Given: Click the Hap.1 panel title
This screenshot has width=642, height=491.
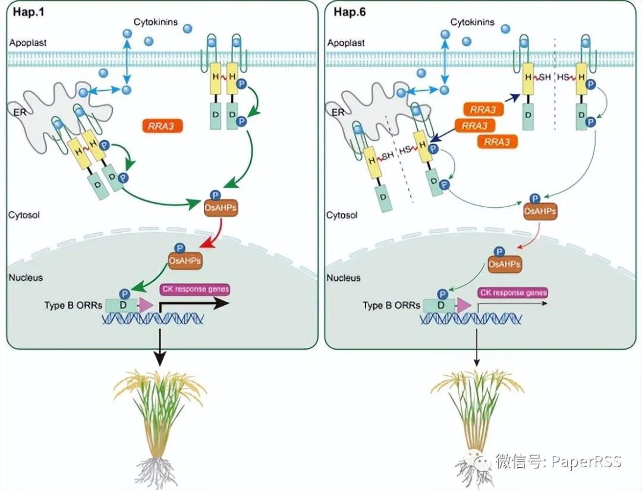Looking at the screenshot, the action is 29,11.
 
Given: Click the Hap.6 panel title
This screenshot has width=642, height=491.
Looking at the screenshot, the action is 350,11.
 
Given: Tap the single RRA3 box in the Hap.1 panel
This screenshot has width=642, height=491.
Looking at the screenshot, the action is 162,126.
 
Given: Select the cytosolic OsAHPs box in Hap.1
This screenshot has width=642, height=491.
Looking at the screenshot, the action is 221,208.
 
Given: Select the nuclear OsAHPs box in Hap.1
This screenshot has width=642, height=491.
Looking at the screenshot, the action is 185,261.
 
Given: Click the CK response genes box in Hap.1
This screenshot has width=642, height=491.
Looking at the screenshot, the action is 195,289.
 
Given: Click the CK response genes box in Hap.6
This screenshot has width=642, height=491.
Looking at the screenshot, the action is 513,293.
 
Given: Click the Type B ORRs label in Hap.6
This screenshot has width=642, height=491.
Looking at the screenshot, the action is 391,305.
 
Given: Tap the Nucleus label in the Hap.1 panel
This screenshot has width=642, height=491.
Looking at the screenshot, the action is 26,278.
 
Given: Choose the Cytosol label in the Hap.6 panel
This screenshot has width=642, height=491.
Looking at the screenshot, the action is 342,215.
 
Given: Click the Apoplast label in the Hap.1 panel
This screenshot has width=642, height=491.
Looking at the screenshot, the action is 28,43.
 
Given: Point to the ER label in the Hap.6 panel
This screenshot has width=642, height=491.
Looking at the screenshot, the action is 338,112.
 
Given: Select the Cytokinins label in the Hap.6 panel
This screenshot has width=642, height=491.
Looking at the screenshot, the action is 473,22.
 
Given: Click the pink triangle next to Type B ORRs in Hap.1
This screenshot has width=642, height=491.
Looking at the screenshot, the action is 146,305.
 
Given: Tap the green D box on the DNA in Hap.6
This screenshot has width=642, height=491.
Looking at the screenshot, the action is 439,305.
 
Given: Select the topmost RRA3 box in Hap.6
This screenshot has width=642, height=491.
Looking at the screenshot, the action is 483,110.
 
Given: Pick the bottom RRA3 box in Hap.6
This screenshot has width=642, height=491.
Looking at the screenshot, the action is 497,141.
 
